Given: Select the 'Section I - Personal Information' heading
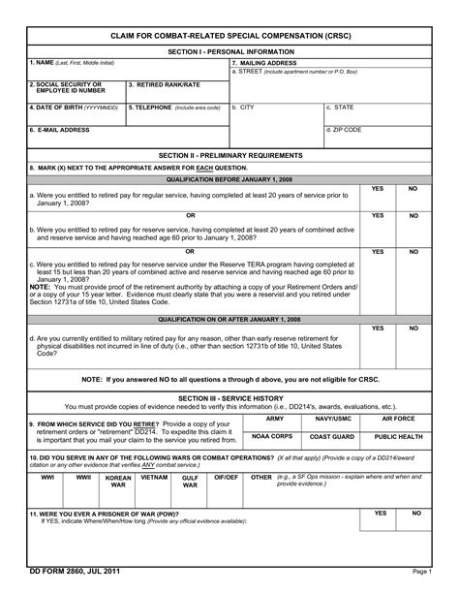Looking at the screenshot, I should click(229, 50).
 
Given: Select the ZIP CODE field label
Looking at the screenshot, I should click(345, 129).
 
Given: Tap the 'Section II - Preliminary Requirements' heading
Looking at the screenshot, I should click(229, 154).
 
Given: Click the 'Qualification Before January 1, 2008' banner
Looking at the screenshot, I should click(229, 179).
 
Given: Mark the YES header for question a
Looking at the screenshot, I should click(378, 188).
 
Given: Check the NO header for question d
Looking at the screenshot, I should click(413, 328).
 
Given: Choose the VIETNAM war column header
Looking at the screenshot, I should click(154, 478).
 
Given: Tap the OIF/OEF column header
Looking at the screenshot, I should click(225, 478).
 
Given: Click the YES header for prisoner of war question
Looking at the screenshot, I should click(381, 513).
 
